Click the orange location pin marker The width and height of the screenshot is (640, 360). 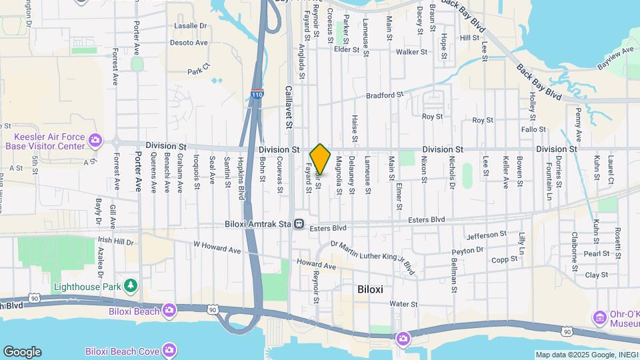coord(321,159)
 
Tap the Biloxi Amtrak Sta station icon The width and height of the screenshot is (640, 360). coord(301,224)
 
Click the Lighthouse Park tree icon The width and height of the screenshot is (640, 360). coord(132,286)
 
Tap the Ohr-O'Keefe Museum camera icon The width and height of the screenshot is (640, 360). coord(599,316)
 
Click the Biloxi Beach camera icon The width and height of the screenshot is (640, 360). coord(169,310)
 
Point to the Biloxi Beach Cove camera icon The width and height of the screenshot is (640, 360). coord(169,350)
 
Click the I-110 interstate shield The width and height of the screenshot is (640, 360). coord(257,95)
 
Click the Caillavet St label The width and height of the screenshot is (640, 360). coord(289,106)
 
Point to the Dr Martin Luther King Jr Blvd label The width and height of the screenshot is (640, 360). coord(373,257)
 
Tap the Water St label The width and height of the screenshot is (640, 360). coord(403,304)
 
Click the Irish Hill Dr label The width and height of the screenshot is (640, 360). coord(116,239)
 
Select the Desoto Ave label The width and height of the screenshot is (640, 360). coord(189,42)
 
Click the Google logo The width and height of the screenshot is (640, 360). coord(22,351)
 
